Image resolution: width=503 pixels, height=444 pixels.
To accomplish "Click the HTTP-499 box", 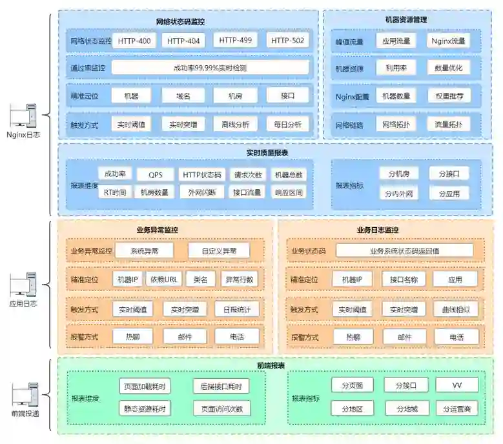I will [x=235, y=41].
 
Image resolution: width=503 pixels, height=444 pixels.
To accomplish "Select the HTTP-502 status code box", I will [x=288, y=41].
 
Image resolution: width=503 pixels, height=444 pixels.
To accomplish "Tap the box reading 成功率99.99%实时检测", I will [x=210, y=68].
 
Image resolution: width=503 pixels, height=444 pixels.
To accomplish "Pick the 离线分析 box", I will [x=235, y=124].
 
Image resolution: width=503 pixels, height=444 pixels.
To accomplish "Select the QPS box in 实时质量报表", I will [x=156, y=174].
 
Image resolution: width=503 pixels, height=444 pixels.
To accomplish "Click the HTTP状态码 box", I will [x=202, y=174].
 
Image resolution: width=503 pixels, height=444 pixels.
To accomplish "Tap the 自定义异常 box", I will [x=218, y=250].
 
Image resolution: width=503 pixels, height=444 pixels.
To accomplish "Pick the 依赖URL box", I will [x=164, y=279].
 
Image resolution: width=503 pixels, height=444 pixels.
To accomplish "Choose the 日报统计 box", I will [x=236, y=309].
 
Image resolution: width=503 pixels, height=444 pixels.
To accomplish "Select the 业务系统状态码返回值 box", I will [x=404, y=250].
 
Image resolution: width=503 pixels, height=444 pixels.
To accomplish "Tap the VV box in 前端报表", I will [x=457, y=385].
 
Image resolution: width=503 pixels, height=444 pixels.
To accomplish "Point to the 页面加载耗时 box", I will [x=145, y=387].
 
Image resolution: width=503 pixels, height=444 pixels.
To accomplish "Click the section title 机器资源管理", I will [x=405, y=20].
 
